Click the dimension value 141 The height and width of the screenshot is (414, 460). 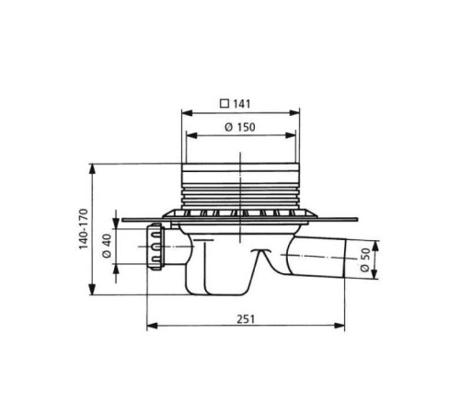coord(242,104)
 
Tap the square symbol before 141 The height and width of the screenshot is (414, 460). coord(224,104)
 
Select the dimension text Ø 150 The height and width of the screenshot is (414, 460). coord(240,127)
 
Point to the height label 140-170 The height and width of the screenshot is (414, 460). coord(84,229)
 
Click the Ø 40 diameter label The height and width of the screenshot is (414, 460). coord(107,246)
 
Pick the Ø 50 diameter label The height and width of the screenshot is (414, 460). coord(365,259)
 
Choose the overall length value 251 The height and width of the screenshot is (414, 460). coord(246,319)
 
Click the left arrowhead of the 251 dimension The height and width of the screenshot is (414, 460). coord(152,326)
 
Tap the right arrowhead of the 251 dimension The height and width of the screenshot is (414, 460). coord(339,326)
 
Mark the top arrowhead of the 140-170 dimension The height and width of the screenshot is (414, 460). coord(92,169)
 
